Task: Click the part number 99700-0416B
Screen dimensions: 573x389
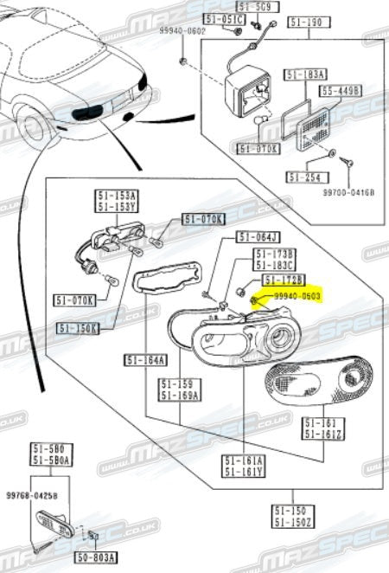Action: coord(349,192)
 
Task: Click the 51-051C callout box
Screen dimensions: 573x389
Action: coord(224,18)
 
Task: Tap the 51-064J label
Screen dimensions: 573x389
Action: coord(258,237)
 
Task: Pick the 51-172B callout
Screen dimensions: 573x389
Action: coord(284,281)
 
